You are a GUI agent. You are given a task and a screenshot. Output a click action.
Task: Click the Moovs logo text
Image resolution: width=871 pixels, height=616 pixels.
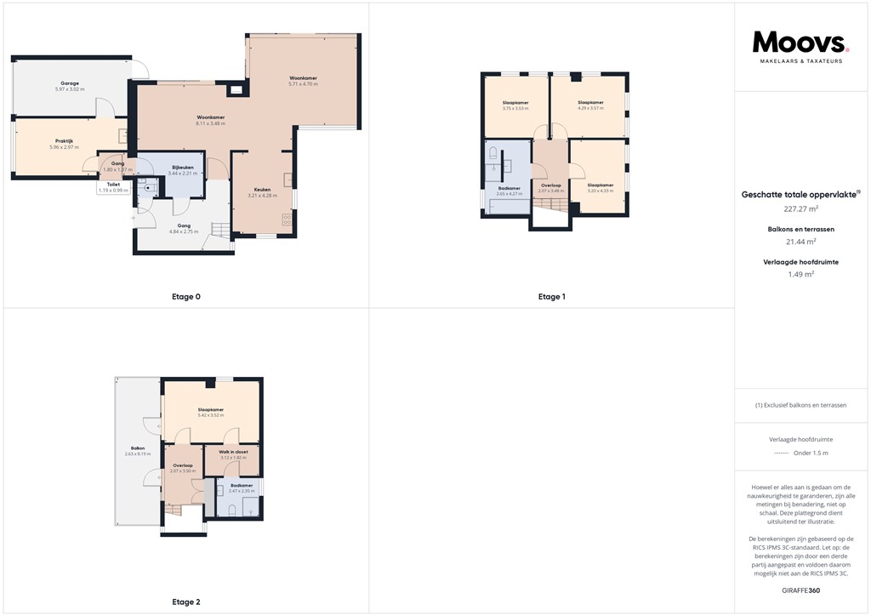800,42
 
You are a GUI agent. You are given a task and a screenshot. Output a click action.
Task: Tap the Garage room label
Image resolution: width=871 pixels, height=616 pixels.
70,83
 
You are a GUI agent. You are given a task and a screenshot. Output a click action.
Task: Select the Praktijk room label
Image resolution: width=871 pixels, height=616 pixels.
64,141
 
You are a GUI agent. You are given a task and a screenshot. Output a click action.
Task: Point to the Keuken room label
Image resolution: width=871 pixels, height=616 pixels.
263,190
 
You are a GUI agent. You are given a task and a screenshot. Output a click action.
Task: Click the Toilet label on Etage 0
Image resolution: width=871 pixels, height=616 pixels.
113,184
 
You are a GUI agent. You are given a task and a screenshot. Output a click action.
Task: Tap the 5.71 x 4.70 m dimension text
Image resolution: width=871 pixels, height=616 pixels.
303,84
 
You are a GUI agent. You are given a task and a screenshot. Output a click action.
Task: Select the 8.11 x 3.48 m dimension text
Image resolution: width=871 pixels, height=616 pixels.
210,123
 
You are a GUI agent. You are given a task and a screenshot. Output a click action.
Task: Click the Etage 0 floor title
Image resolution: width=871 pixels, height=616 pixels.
185,297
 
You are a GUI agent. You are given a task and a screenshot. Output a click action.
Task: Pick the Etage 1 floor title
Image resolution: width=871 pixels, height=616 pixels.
551,297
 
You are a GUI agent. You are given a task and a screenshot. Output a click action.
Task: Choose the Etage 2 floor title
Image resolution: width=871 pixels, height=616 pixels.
185,602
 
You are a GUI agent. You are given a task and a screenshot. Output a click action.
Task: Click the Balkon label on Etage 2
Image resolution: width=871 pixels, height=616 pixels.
137,448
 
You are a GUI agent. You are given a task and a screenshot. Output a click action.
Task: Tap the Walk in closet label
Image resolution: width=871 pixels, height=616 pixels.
233,452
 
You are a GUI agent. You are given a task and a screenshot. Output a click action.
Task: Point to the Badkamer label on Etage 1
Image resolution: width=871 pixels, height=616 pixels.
509,188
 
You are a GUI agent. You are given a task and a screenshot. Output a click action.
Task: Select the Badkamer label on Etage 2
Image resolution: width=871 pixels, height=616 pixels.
241,485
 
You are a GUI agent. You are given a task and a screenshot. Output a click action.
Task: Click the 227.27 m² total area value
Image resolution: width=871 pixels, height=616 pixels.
800,208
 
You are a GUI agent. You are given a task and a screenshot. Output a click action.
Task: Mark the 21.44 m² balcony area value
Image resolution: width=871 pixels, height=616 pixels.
800,242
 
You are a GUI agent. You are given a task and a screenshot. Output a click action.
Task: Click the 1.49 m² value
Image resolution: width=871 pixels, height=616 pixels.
800,274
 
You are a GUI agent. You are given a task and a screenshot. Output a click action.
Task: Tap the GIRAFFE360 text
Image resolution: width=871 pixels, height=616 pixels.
800,590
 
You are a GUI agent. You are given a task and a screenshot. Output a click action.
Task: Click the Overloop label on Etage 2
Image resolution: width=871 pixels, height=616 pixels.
183,465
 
